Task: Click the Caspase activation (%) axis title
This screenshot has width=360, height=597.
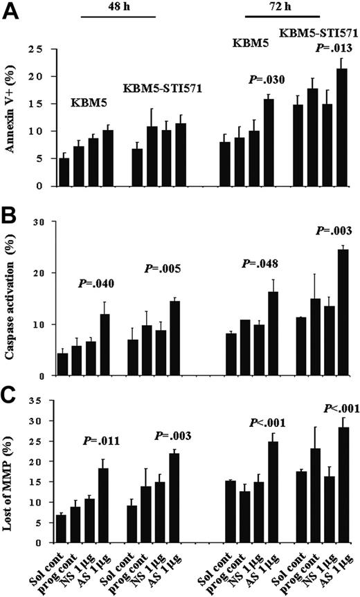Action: click(12, 299)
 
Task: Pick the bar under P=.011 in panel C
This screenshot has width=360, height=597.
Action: click(102, 505)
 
